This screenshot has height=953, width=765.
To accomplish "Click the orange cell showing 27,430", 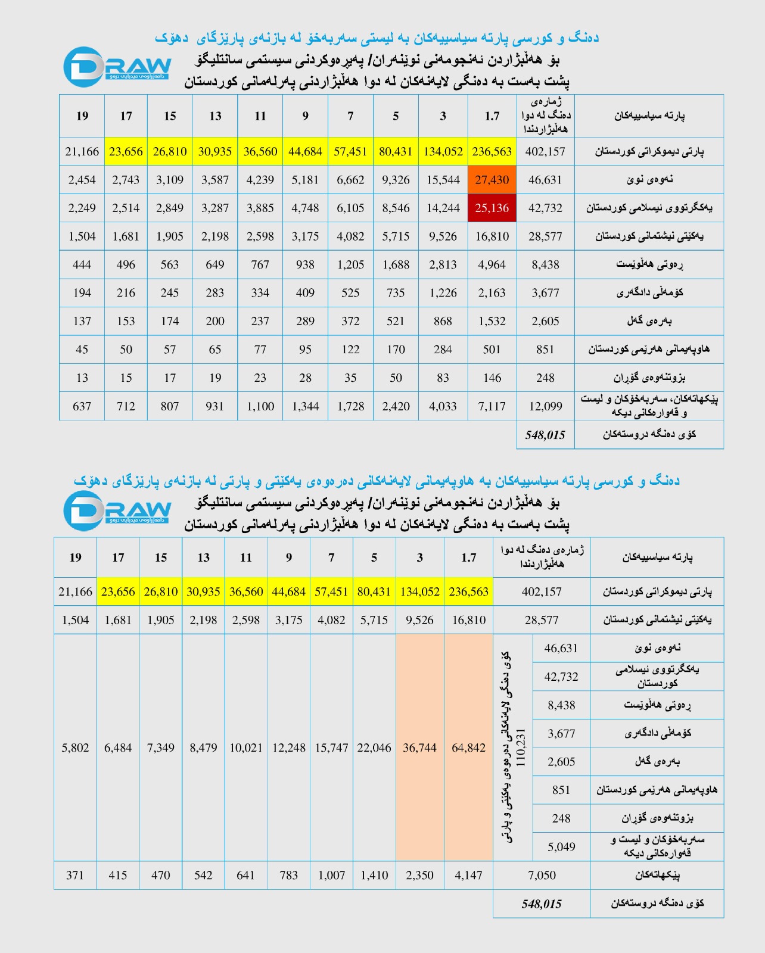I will point(492,180).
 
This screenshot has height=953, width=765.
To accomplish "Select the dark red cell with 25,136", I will point(492,208).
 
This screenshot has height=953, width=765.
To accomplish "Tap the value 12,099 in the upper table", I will point(545,406).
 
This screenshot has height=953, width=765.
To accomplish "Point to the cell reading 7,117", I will point(492,406).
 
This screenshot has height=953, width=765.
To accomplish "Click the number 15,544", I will point(443,180).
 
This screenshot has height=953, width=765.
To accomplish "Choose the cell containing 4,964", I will point(492,264).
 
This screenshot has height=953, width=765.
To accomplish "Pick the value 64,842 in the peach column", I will point(468,748).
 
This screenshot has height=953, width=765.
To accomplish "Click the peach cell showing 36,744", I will point(419,748).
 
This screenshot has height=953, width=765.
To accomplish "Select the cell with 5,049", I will point(561,846).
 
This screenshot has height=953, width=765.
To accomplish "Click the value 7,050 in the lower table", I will point(542,875).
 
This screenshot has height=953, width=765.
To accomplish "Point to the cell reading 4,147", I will point(468,875).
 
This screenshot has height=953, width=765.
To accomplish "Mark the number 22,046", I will point(374,748).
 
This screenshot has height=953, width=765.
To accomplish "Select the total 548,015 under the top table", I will point(545,435).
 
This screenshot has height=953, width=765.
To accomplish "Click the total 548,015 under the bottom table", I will point(542,904).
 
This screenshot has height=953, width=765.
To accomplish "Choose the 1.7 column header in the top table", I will point(492,116).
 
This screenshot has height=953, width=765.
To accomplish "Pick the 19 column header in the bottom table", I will point(75,558).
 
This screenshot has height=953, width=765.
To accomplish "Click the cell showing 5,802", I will point(75,748).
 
